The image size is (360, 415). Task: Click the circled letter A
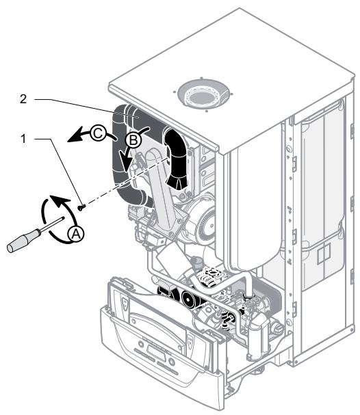click(76, 234)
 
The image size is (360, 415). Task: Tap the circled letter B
click(133, 139)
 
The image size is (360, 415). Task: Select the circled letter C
click(98, 133)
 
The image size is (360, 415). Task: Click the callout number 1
click(23, 139)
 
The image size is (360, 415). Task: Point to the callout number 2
click(23, 99)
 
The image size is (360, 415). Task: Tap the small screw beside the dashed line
click(81, 207)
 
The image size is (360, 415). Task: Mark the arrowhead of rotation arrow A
click(60, 200)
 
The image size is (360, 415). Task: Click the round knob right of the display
click(172, 362)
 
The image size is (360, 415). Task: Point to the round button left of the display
click(141, 345)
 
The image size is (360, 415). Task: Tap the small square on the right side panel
click(324, 253)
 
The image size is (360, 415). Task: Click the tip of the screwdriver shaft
click(64, 217)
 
